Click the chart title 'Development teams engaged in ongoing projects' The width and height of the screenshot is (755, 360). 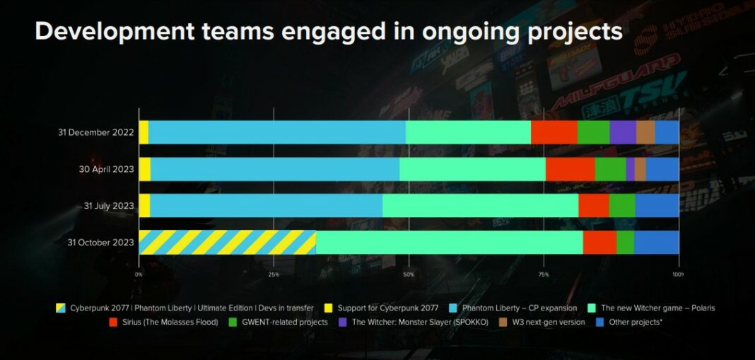[x=328, y=31]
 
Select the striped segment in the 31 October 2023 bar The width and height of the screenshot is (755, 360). [x=227, y=242]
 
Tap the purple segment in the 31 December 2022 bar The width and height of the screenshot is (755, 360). [x=622, y=132]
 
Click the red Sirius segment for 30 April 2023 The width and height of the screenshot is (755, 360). [x=570, y=169]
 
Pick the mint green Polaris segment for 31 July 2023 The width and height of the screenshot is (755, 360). [x=480, y=206]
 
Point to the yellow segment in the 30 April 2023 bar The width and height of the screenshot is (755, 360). [x=144, y=169]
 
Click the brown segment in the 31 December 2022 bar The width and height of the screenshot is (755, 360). [x=645, y=132]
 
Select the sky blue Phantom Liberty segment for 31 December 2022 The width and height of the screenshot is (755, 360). [x=276, y=132]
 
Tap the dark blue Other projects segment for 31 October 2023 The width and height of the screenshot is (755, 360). [x=656, y=242]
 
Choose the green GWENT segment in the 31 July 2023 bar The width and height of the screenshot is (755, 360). [x=621, y=206]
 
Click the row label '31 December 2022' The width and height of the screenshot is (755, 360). [x=95, y=132]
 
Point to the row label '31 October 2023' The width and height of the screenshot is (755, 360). [x=100, y=242]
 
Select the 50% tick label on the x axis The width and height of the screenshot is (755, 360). [x=409, y=274]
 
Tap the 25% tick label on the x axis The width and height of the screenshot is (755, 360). [x=274, y=274]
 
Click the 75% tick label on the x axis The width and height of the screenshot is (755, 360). [x=543, y=274]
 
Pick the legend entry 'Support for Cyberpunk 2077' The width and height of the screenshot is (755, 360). [x=385, y=308]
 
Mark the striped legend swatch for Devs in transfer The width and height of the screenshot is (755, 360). [x=62, y=308]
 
